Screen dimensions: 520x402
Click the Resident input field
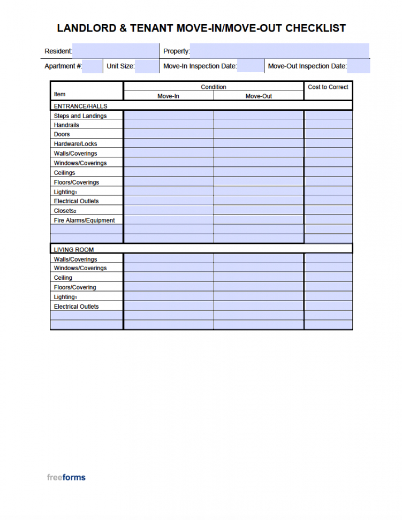115,51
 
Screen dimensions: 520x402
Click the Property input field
279,51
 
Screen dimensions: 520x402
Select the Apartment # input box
92,66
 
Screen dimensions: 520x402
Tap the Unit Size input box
142,66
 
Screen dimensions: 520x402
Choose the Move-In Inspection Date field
250,66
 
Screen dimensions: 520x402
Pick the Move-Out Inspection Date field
358,66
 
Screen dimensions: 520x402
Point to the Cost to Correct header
328,87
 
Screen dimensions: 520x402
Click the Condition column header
214,87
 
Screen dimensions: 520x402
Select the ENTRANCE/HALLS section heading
80,106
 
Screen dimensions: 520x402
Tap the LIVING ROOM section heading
74,249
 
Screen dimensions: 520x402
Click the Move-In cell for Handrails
168,125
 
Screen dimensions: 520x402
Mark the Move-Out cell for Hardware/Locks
259,144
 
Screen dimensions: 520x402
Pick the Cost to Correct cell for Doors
328,134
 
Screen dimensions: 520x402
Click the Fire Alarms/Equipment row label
84,220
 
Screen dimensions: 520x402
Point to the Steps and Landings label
80,116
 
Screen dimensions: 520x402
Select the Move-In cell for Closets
168,211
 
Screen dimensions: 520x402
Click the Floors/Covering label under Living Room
75,287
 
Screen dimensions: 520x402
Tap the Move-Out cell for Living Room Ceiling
259,278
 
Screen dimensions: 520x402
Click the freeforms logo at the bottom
66,477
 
